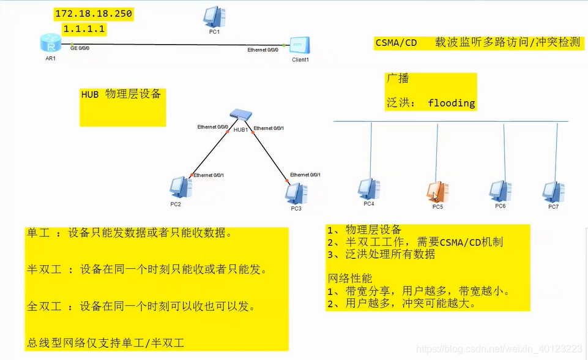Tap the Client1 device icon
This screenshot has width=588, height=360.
click(300, 46)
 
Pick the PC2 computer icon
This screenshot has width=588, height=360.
click(180, 187)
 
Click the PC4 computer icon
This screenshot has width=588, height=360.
click(368, 189)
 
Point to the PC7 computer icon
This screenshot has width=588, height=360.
click(553, 190)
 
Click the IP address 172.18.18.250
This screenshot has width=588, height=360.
click(94, 13)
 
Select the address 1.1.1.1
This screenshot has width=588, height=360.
click(84, 29)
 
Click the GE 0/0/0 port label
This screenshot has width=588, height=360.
click(80, 48)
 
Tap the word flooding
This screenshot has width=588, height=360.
click(452, 103)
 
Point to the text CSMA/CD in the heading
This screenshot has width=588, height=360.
click(396, 43)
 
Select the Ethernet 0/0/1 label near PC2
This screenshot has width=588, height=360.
click(209, 175)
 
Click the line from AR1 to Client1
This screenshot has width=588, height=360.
click(184, 44)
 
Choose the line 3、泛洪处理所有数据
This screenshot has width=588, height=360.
click(381, 254)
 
